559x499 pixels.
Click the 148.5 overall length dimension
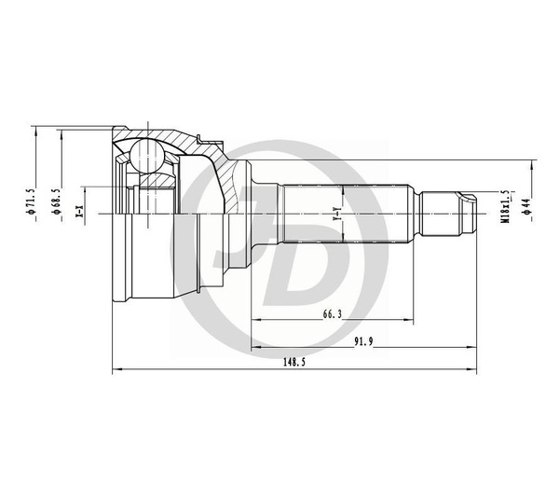[x=294, y=362]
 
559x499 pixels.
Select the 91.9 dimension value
[x=363, y=341]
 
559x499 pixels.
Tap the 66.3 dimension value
[x=333, y=314]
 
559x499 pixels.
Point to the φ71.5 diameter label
[x=31, y=201]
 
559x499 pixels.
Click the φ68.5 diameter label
[x=57, y=201]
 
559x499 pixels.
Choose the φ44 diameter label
[x=528, y=206]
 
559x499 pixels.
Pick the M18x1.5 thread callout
[x=506, y=207]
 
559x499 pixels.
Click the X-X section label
[x=79, y=212]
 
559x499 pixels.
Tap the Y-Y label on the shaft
[x=335, y=214]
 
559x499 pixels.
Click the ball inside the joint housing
[x=147, y=156]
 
